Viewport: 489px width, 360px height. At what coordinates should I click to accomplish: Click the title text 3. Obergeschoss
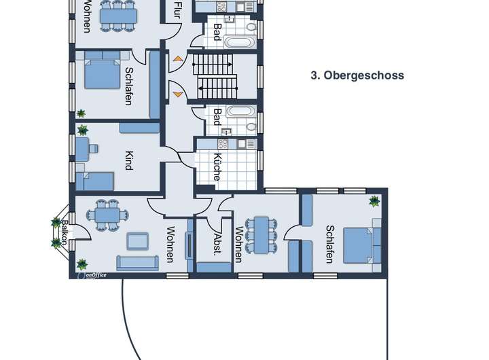357,75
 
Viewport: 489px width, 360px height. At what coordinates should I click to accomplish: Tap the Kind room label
129,161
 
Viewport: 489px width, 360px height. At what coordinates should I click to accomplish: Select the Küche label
217,167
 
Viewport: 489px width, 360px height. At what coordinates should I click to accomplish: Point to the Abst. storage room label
217,245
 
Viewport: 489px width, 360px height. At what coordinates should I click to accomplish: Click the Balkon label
64,232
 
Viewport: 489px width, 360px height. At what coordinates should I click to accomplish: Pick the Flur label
177,10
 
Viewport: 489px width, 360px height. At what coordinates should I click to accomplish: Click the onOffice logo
92,275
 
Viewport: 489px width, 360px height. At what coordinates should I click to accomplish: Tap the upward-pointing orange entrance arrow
177,58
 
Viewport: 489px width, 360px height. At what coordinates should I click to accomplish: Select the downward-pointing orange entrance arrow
177,94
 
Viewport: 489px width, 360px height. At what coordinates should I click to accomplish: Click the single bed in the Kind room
94,181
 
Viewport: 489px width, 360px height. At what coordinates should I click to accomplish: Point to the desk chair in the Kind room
94,149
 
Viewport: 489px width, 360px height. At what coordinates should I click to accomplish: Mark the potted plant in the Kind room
82,130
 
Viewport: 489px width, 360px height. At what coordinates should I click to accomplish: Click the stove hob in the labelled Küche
223,144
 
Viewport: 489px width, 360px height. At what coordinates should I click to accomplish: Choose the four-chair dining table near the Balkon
107,215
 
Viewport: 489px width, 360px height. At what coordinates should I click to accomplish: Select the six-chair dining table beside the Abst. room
261,235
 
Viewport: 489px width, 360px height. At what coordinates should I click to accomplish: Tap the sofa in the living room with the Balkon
137,263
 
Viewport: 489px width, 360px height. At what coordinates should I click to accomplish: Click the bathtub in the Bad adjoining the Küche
240,111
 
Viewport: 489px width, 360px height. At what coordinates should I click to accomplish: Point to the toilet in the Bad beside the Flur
251,26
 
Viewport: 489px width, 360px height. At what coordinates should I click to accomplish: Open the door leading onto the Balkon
80,232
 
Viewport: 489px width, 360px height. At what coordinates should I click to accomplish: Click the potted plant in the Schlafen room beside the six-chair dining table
374,201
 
